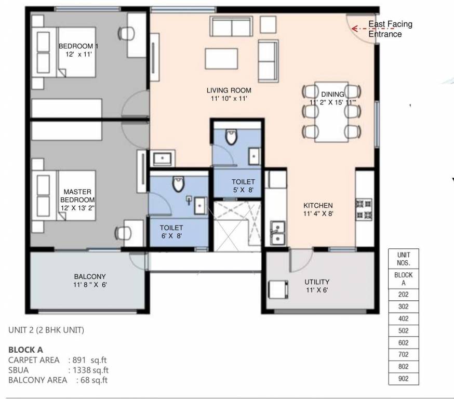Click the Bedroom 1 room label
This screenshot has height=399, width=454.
click(x=78, y=46)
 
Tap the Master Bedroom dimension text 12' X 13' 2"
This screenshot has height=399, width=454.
click(x=78, y=207)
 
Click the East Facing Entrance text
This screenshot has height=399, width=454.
click(x=390, y=29)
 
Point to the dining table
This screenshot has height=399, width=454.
click(x=332, y=111)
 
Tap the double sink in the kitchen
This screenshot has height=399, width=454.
click(x=277, y=232)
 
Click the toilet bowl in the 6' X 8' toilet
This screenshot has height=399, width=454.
click(x=178, y=184)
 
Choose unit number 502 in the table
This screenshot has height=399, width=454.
click(x=403, y=331)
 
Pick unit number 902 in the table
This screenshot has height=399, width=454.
click(x=403, y=379)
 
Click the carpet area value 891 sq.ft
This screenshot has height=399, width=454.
click(x=88, y=360)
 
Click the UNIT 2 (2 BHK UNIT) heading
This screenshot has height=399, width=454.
click(x=46, y=330)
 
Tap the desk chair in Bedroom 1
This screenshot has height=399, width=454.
click(x=126, y=34)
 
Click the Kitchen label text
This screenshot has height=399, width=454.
click(x=318, y=205)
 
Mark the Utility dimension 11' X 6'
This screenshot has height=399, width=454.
click(x=317, y=290)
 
